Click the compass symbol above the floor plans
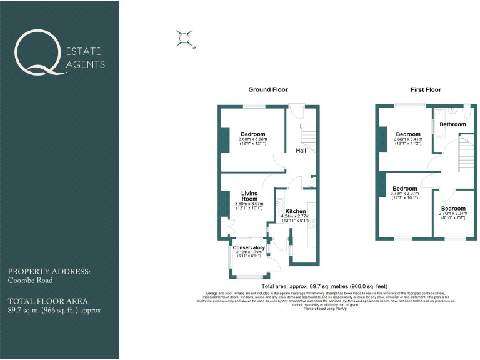coord(185,39)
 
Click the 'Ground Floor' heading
coord(268,90)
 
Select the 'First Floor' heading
coord(426,90)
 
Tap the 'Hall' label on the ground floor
coord(301,151)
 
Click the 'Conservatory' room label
coord(249,248)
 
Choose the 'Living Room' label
coord(249,196)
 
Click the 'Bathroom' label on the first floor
coord(452,124)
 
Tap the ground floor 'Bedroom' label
coord(252,134)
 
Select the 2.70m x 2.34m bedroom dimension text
coord(453,214)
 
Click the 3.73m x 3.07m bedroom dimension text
coord(405,194)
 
